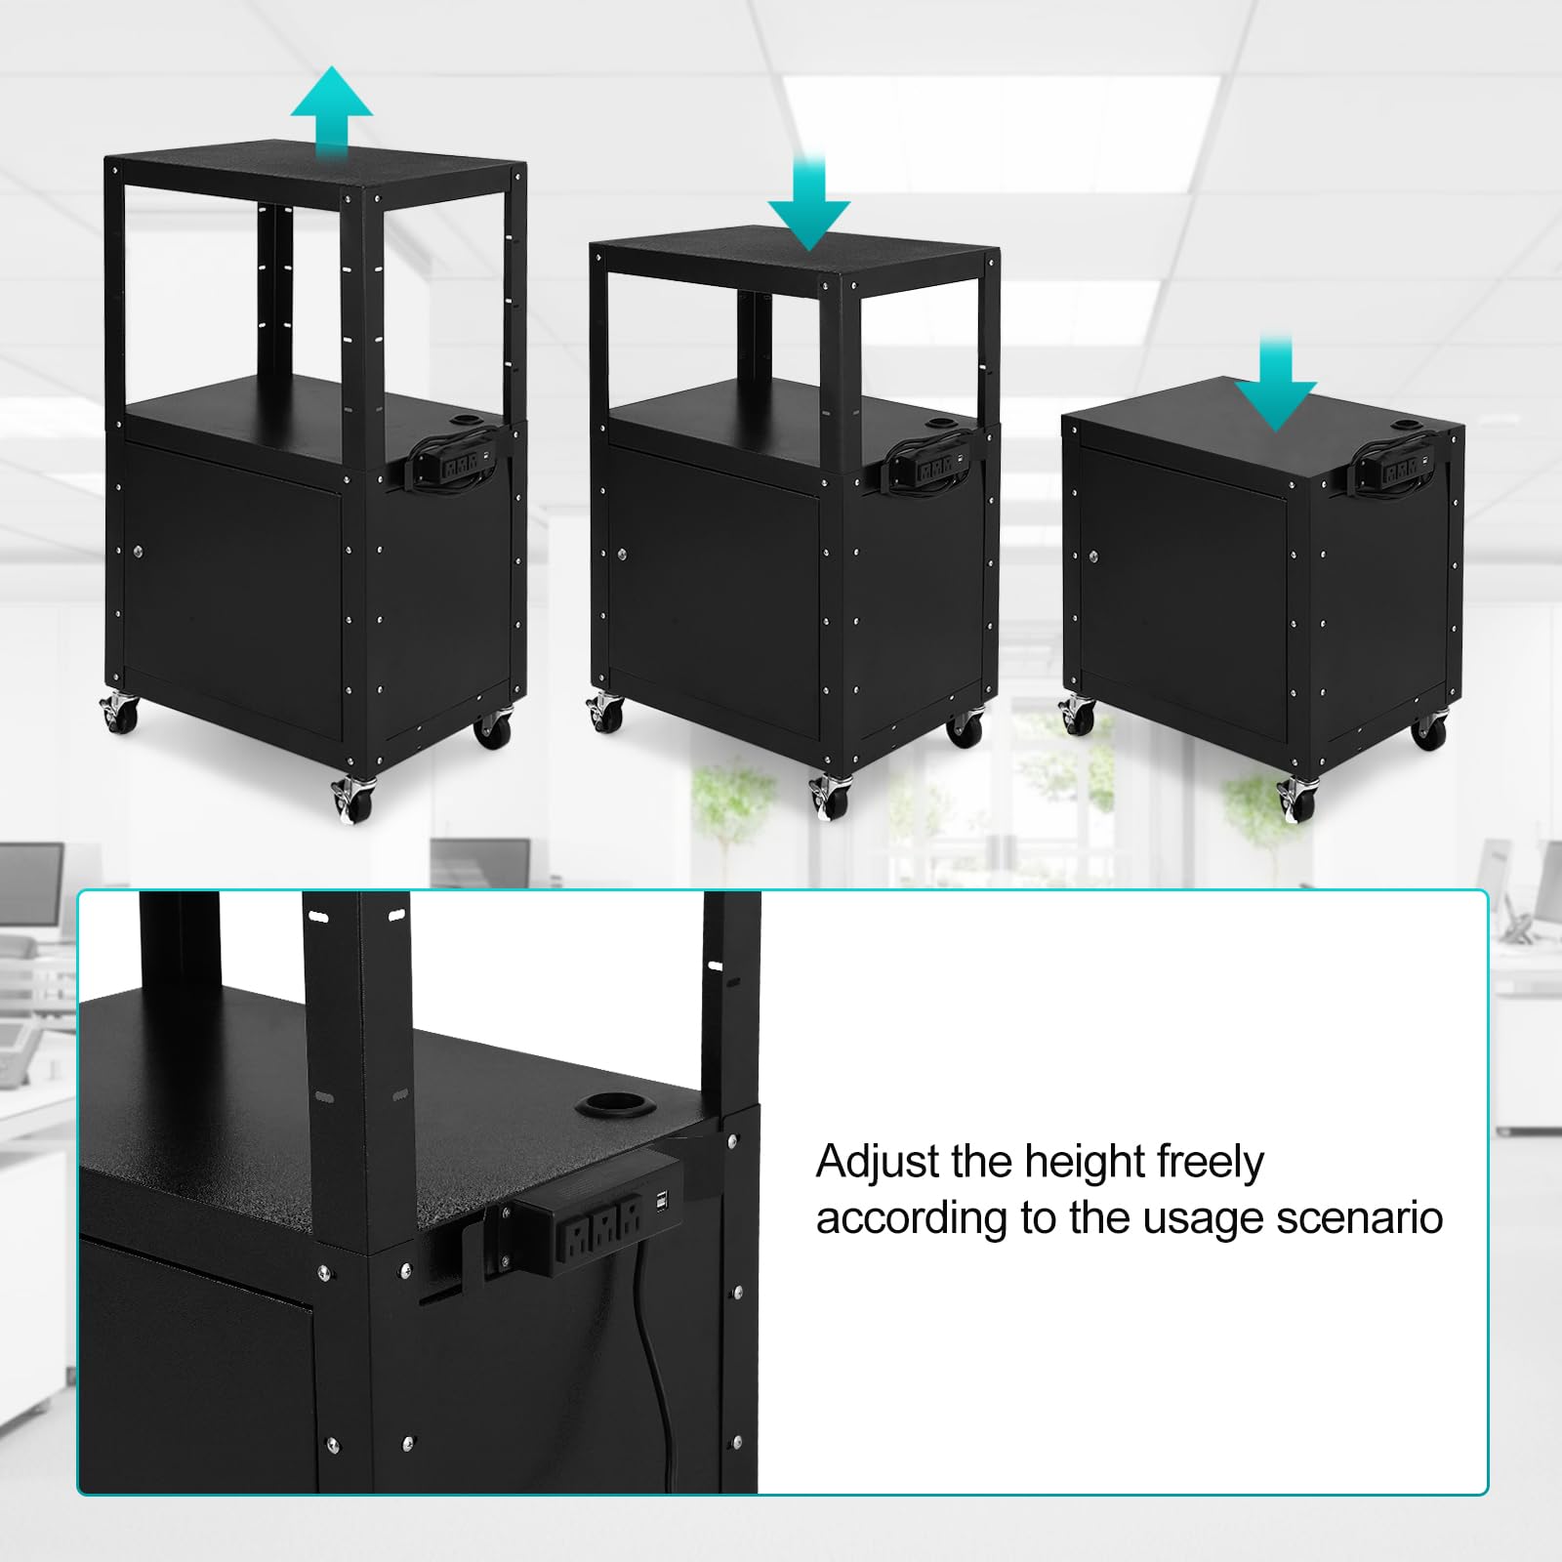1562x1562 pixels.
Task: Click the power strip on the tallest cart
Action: (x=455, y=463)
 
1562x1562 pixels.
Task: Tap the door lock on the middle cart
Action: (x=620, y=555)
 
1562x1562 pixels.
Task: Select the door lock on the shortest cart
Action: (x=1095, y=557)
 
